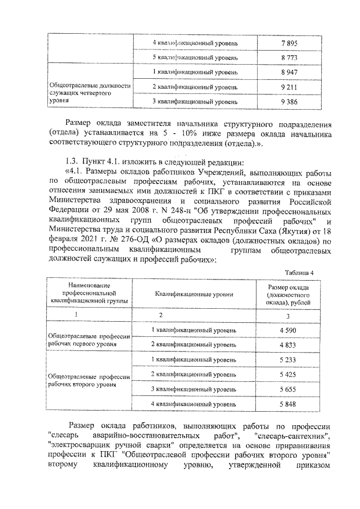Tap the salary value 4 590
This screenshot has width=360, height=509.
point(287,330)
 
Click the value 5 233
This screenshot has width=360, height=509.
point(287,359)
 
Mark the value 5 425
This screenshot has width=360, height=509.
point(287,374)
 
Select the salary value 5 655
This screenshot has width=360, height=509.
point(287,389)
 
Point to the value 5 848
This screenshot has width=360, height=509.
point(287,403)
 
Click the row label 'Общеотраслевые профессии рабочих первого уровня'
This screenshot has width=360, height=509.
point(89,339)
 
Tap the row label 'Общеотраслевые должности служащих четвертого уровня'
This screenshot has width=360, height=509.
point(91,92)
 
